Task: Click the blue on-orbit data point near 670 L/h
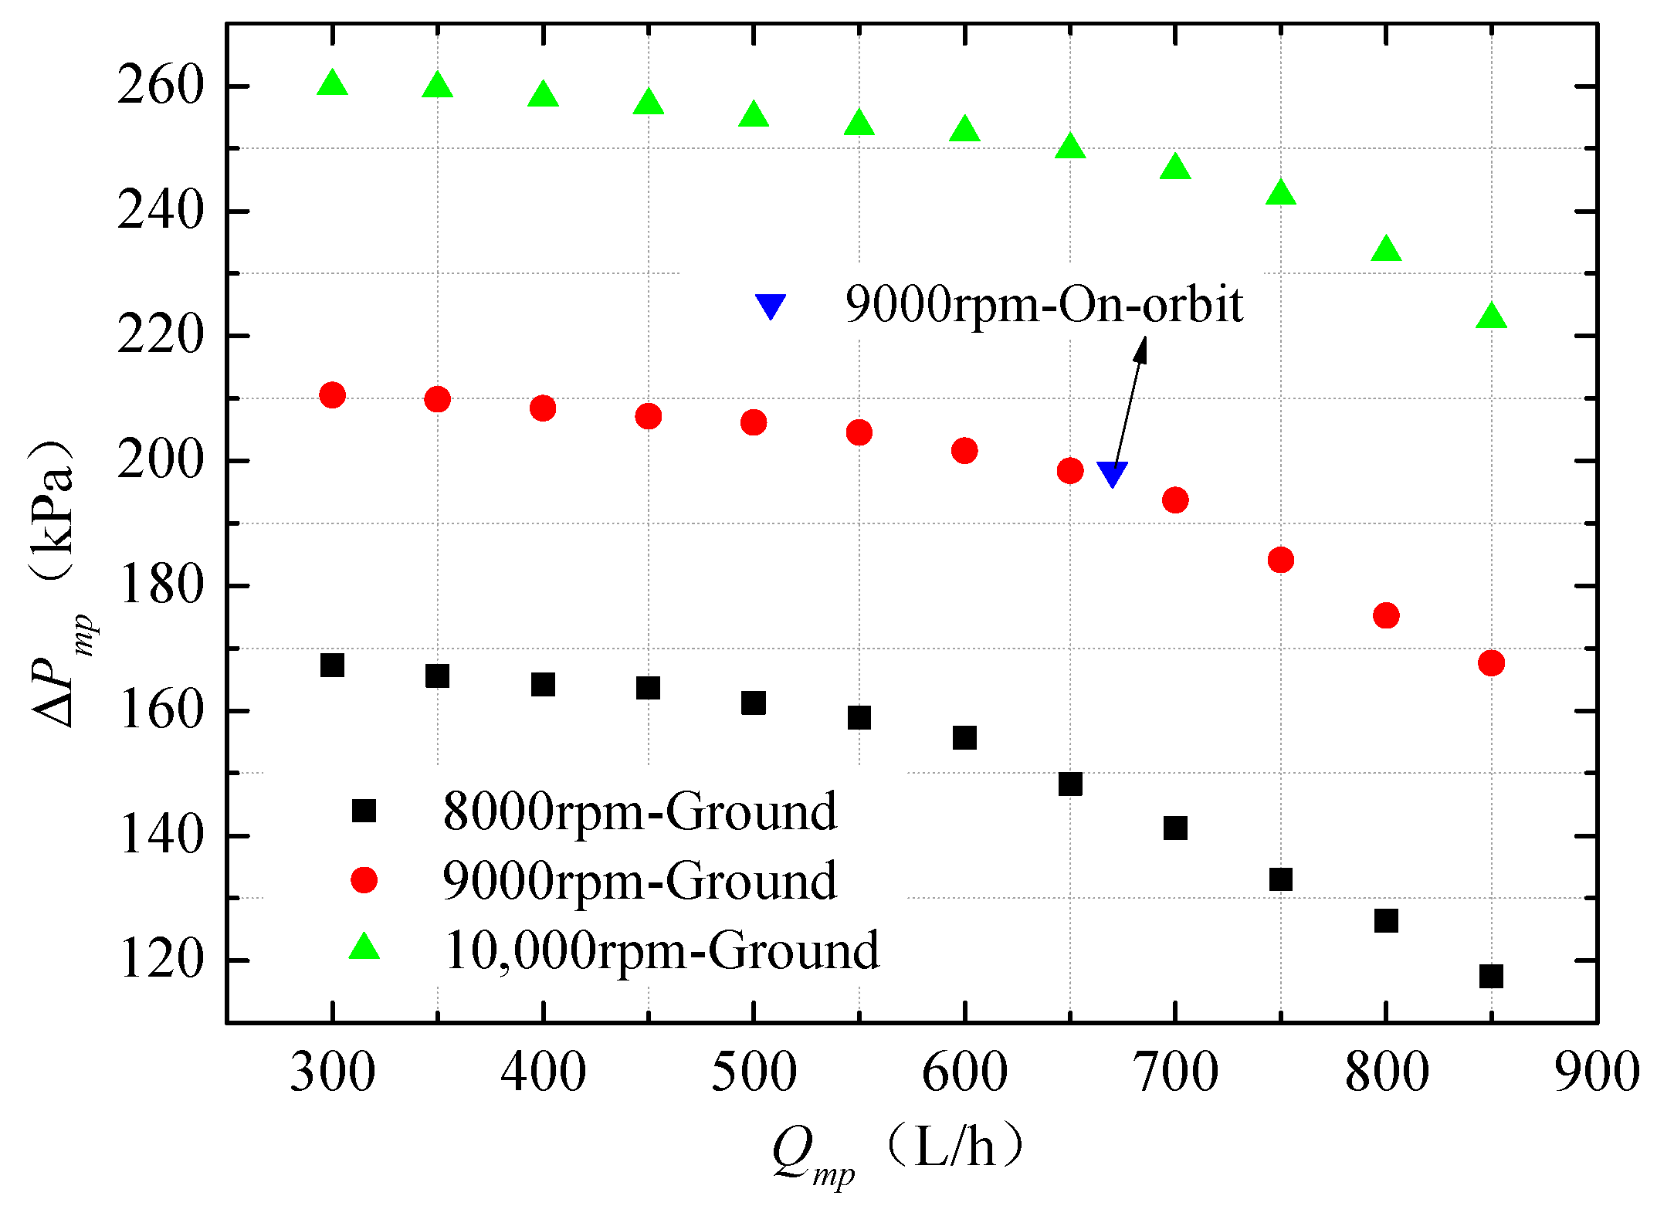pyautogui.click(x=1112, y=473)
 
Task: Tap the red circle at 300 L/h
pyautogui.click(x=332, y=395)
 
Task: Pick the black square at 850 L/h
pyautogui.click(x=1491, y=976)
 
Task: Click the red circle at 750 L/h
pyautogui.click(x=1280, y=560)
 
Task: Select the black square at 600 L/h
pyautogui.click(x=964, y=737)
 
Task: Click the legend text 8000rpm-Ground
pyautogui.click(x=639, y=811)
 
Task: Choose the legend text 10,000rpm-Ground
pyautogui.click(x=661, y=950)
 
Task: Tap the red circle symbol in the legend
pyautogui.click(x=364, y=879)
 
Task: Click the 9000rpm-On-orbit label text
pyautogui.click(x=1043, y=304)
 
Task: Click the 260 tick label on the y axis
pyautogui.click(x=160, y=86)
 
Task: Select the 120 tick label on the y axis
pyautogui.click(x=160, y=961)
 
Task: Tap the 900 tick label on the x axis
pyautogui.click(x=1596, y=1072)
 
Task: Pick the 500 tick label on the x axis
pyautogui.click(x=753, y=1072)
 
